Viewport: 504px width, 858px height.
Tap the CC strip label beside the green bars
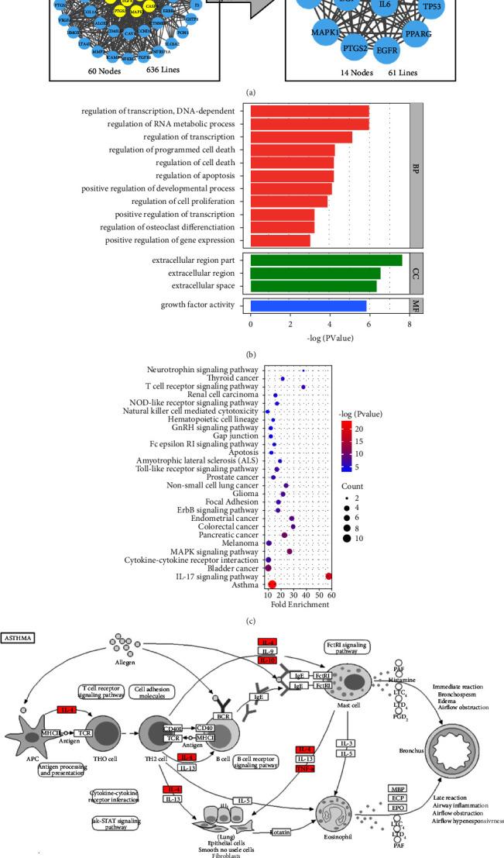click(x=417, y=273)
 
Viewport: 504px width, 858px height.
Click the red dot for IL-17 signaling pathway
click(x=329, y=576)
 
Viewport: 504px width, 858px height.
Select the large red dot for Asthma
click(x=272, y=584)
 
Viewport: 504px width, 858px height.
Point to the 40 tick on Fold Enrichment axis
click(x=306, y=594)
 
